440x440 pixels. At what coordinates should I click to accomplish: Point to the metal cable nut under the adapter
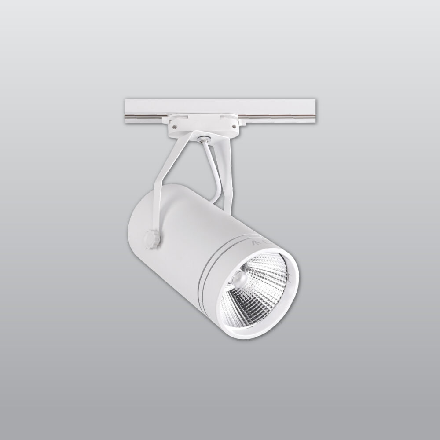point(202,140)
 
